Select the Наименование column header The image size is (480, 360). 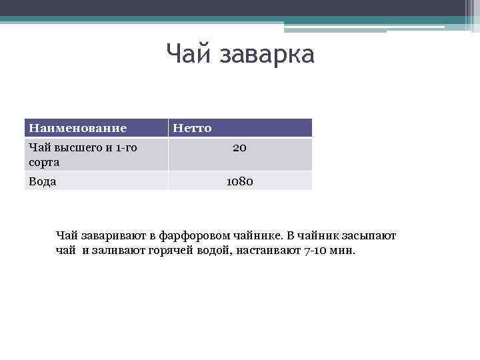77,127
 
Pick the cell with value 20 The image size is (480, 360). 239,148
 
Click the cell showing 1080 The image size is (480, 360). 239,181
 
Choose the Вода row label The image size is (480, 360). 42,181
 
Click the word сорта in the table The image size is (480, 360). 43,162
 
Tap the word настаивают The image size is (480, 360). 270,251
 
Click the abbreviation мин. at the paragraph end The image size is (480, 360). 347,251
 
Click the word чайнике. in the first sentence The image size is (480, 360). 259,236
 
